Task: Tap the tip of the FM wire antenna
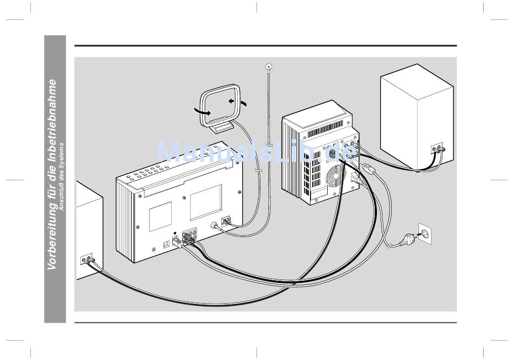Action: point(268,66)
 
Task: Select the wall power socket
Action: point(426,234)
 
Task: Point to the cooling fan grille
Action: point(335,176)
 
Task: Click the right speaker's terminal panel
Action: point(437,149)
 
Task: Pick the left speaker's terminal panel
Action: point(86,259)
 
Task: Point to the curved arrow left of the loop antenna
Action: point(201,111)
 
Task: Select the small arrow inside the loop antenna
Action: point(232,101)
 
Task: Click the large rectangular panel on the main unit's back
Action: point(206,202)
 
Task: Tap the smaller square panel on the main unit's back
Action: point(160,216)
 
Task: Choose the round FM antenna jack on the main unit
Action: point(214,226)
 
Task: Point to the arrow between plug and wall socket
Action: point(418,234)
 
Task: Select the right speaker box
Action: point(417,117)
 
